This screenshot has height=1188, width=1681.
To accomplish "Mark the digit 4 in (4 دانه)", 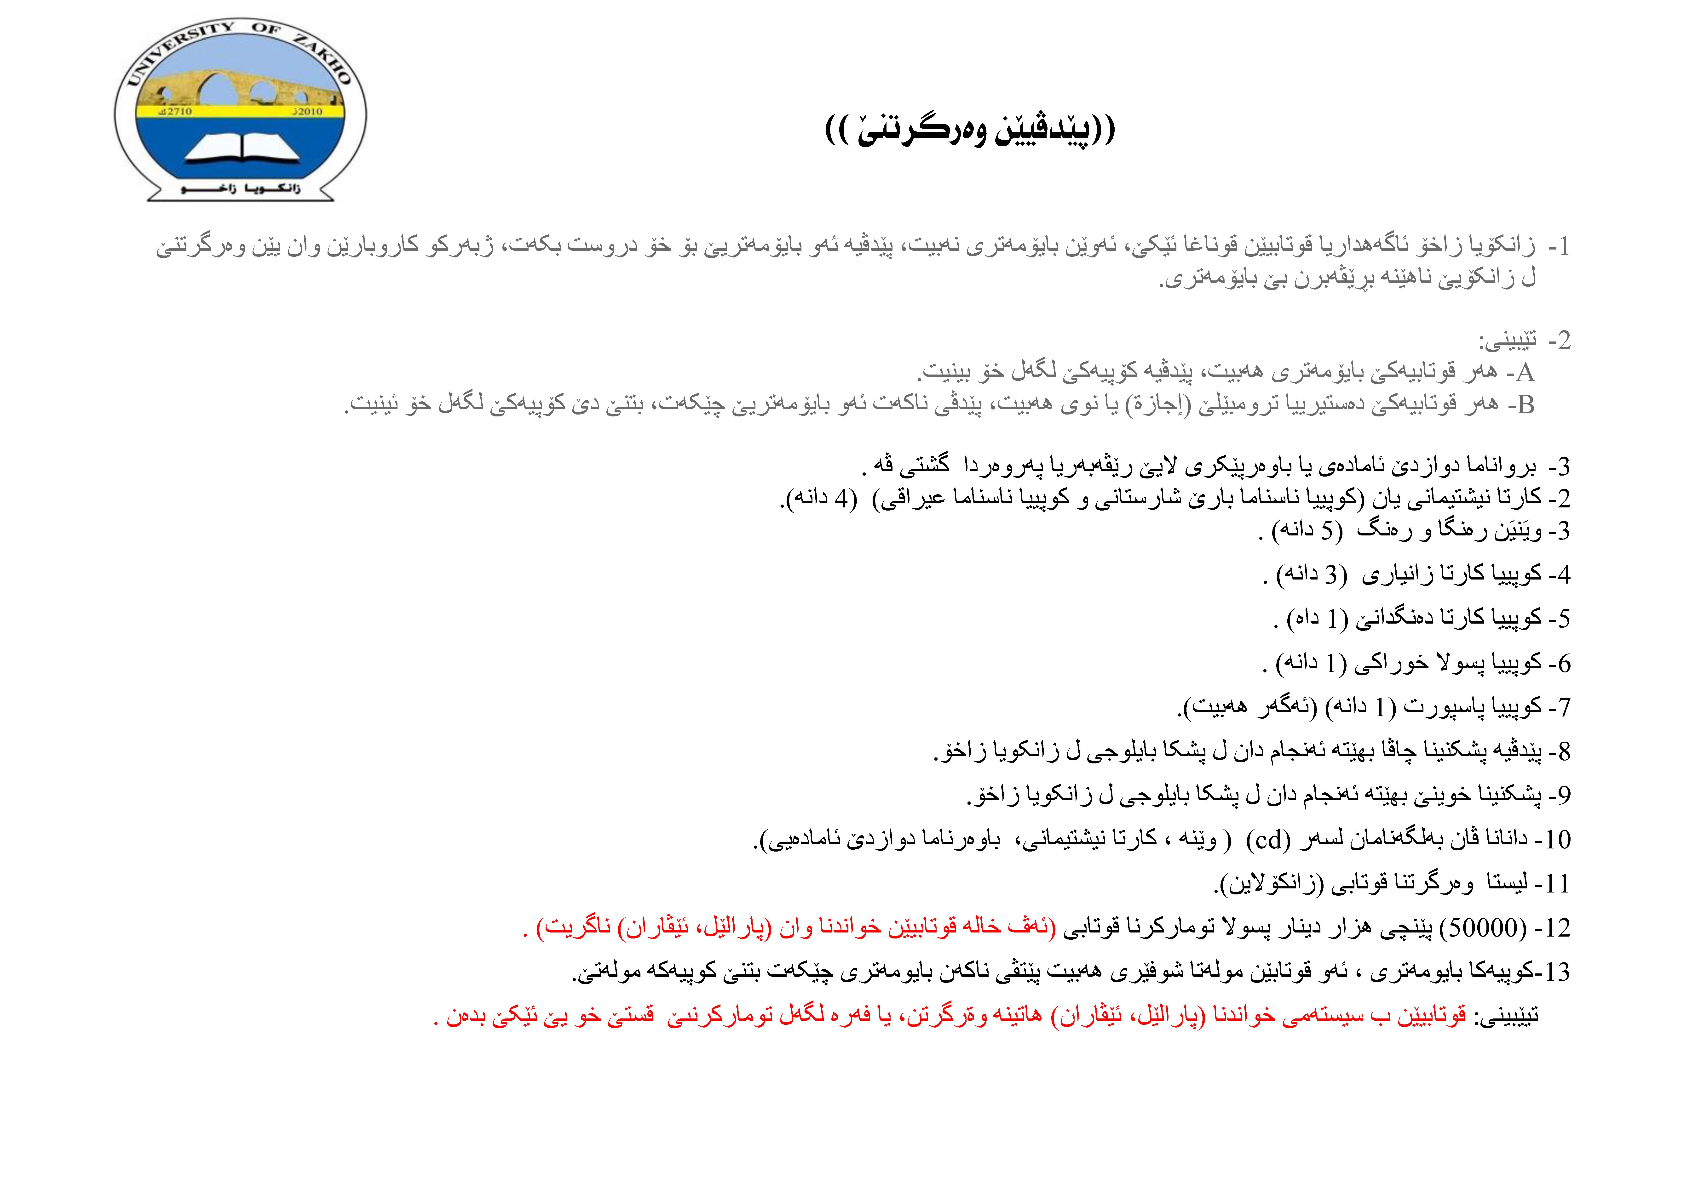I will click(842, 499).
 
